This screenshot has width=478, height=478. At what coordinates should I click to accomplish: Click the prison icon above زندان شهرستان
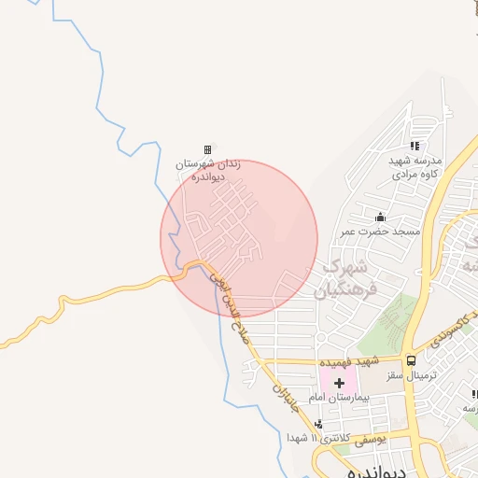point(207,149)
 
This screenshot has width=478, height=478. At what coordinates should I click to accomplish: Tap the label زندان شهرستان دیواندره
point(209,170)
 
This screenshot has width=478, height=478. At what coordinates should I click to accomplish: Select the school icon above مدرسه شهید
point(415,146)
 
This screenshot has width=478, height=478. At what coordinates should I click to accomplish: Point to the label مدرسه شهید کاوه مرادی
point(415,167)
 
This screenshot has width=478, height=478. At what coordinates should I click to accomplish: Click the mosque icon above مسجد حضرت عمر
point(379,218)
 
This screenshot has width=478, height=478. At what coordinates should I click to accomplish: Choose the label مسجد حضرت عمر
point(380,231)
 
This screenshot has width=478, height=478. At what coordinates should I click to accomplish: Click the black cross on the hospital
point(339,383)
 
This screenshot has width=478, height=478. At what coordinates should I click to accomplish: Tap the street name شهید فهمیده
point(348,360)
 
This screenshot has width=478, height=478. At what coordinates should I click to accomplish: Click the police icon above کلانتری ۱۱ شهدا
point(319,424)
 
